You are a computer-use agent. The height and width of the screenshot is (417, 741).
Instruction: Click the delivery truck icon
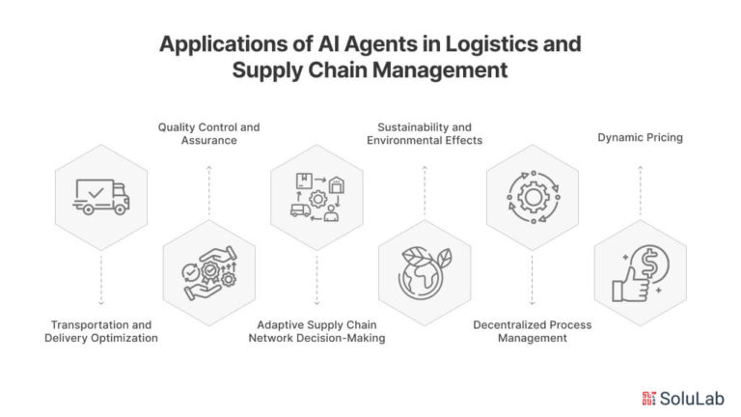[x=101, y=197]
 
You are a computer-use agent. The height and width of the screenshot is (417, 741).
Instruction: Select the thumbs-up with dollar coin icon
[x=641, y=273]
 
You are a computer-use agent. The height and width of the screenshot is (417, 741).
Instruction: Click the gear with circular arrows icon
[x=533, y=197]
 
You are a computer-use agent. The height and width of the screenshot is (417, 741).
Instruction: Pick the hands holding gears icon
[x=209, y=273]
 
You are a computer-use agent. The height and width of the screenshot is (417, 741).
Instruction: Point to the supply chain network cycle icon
[x=317, y=197]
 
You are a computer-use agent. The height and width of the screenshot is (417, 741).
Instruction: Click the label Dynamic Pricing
[x=641, y=138]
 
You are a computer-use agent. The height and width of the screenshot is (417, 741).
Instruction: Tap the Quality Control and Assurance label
[x=208, y=133]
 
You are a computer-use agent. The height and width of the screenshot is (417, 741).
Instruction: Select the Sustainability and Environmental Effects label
[x=425, y=133]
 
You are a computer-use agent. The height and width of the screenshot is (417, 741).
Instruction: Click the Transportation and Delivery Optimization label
[x=101, y=331]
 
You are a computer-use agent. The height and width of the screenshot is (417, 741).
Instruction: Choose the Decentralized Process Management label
[x=533, y=331]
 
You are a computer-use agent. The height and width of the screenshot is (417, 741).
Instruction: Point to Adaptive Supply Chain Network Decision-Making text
[x=316, y=331]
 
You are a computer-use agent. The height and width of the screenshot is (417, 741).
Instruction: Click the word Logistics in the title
[x=490, y=44]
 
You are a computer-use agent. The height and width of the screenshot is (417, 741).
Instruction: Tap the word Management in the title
[x=440, y=70]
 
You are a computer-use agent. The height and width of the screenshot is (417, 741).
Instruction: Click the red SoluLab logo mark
[x=648, y=399]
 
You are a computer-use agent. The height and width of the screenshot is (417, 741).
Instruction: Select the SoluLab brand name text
[x=692, y=399]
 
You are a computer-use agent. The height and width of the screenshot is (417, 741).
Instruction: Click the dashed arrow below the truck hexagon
[x=101, y=280]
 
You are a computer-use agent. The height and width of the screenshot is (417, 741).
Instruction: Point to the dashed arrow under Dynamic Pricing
[x=641, y=190]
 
